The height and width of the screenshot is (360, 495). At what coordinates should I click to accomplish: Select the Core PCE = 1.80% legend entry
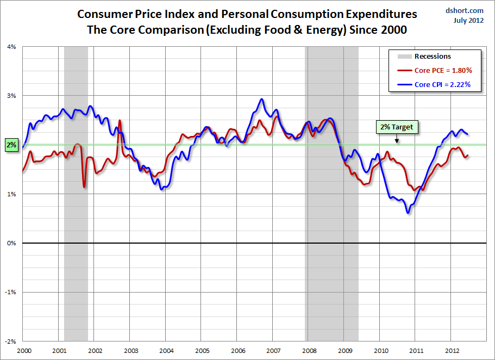tap(435, 70)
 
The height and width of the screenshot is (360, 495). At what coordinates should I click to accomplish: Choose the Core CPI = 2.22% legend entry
tap(435, 84)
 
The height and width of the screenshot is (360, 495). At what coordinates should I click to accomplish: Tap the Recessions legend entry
tap(433, 56)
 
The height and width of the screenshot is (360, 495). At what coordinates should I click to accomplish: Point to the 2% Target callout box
tap(397, 127)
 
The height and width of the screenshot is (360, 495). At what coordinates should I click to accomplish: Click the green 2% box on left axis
tap(11, 145)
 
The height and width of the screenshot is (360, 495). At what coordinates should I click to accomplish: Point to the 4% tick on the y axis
tap(11, 47)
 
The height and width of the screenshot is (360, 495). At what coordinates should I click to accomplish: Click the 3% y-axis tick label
tap(11, 96)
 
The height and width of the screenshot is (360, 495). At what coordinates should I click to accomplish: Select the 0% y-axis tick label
tap(11, 243)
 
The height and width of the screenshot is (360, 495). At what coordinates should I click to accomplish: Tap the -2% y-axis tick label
tap(10, 342)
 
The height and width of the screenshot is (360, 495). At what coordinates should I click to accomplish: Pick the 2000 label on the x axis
tap(23, 350)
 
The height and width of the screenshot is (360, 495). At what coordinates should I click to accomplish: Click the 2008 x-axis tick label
tap(309, 350)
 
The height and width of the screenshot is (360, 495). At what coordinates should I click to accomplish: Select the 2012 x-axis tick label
tap(452, 350)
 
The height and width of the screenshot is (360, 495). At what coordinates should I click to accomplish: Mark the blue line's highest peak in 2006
tap(262, 100)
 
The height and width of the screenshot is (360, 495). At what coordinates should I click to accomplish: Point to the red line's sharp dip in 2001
tap(84, 187)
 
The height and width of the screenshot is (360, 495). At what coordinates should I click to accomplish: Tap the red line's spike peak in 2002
tap(120, 121)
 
